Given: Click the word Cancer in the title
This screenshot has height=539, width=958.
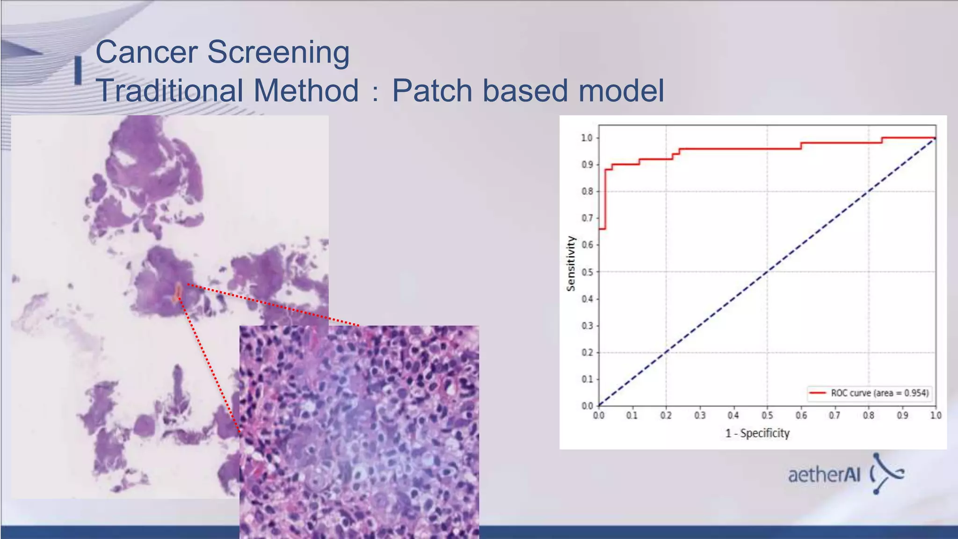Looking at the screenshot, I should (x=146, y=52).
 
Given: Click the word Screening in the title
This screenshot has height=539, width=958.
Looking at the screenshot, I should (x=278, y=52).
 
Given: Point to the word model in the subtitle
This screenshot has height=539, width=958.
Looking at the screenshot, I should (x=621, y=90).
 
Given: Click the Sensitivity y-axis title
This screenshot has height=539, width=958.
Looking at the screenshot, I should (x=570, y=263).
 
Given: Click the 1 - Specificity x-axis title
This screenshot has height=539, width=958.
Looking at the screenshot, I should (x=757, y=433).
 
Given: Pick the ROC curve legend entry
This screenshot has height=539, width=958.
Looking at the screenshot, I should (x=869, y=393).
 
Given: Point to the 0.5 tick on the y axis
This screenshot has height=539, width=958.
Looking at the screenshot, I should (x=587, y=272).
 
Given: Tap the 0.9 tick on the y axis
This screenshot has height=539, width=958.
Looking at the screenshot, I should (x=587, y=165).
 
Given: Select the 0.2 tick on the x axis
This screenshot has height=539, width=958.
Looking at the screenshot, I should (x=666, y=415).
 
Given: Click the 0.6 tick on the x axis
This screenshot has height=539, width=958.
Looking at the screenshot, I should (x=801, y=415).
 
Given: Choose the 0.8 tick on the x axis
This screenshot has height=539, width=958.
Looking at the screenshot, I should (x=868, y=415).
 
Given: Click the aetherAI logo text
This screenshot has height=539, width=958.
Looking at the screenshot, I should (x=824, y=475).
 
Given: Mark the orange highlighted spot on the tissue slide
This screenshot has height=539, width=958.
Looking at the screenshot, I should (x=178, y=292).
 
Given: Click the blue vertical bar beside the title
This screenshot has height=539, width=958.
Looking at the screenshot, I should (x=78, y=71).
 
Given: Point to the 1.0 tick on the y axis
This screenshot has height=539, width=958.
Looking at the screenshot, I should (x=587, y=138).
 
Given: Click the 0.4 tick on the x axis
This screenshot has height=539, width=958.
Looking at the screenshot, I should (x=733, y=415).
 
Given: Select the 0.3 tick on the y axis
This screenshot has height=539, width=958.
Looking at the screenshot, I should (x=587, y=326).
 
